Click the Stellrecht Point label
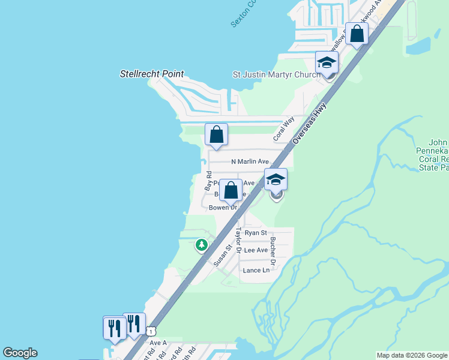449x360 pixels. tap(151, 74)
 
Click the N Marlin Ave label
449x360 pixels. tap(250, 161)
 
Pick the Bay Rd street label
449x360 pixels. tap(208, 181)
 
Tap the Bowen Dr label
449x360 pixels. tap(223, 208)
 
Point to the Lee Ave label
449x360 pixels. tap(256, 250)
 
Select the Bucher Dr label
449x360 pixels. tap(273, 251)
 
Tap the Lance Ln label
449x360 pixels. tap(256, 270)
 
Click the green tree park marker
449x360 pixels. tap(202, 245)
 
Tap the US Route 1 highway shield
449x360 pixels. tap(152, 331)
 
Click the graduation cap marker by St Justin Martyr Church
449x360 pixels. tap(327, 62)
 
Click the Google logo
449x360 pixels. tap(20, 353)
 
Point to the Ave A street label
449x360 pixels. tap(158, 343)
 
